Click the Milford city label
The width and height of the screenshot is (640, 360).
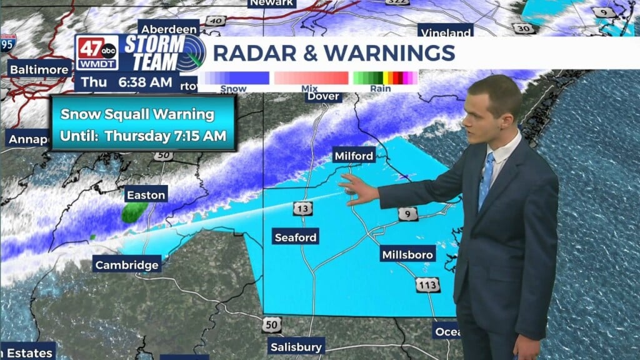(354, 156)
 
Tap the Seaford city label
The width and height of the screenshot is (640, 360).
(296, 237)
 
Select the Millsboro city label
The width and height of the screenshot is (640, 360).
(407, 255)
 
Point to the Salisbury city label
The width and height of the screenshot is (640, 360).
(296, 347)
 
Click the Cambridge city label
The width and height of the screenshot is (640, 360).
(127, 265)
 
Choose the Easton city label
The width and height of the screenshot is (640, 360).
(146, 195)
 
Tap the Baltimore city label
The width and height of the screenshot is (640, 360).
(39, 69)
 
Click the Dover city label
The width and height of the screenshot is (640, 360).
(324, 96)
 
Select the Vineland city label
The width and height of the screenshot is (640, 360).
(446, 32)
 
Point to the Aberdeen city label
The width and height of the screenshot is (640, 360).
(169, 29)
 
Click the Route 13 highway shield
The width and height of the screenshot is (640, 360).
(302, 208)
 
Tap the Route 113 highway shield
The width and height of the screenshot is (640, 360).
(427, 284)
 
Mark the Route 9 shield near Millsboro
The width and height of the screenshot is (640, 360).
(407, 214)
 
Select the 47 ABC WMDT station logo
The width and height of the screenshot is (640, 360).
(97, 54)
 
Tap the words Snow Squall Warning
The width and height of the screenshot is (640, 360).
(137, 114)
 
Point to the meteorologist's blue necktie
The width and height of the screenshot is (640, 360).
(486, 181)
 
